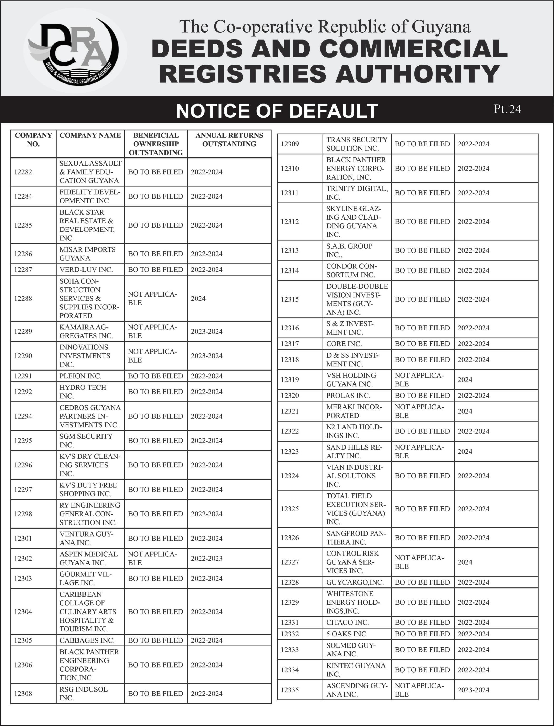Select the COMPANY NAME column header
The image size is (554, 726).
[x=90, y=135]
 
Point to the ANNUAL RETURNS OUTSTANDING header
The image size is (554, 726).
[x=229, y=140]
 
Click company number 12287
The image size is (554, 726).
[x=23, y=270]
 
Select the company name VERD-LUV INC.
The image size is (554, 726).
[x=86, y=270]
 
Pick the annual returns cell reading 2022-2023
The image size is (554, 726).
[x=207, y=558]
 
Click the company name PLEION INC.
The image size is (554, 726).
[x=80, y=376]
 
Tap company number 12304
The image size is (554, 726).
[x=23, y=612]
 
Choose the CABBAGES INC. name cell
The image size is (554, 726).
[x=87, y=640]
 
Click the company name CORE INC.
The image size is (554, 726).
[x=344, y=344]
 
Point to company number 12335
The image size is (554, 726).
[x=290, y=690]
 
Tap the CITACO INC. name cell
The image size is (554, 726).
[x=348, y=623]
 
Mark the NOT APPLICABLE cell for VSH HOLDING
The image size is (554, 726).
[x=419, y=379]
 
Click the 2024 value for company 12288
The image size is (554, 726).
[x=198, y=298]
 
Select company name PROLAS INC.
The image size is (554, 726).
[x=348, y=395]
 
